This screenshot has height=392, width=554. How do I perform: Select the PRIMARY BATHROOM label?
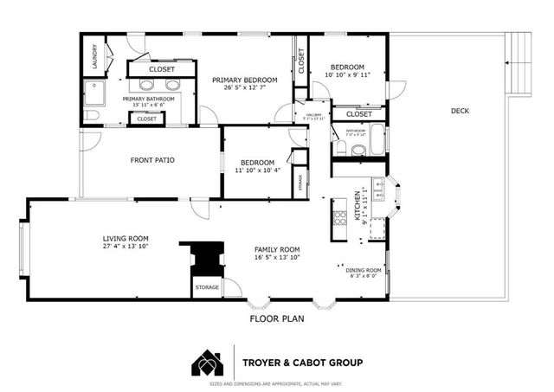coord(148,99)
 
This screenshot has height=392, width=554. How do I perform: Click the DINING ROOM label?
coord(364,269)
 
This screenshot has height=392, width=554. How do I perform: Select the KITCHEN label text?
coord(358,207)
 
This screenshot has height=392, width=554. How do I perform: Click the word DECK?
coord(460,110)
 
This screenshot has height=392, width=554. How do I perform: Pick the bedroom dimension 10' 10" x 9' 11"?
coord(346,74)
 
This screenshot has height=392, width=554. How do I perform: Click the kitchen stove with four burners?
coord(340,217)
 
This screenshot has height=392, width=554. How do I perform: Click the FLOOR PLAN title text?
coord(276,318)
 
